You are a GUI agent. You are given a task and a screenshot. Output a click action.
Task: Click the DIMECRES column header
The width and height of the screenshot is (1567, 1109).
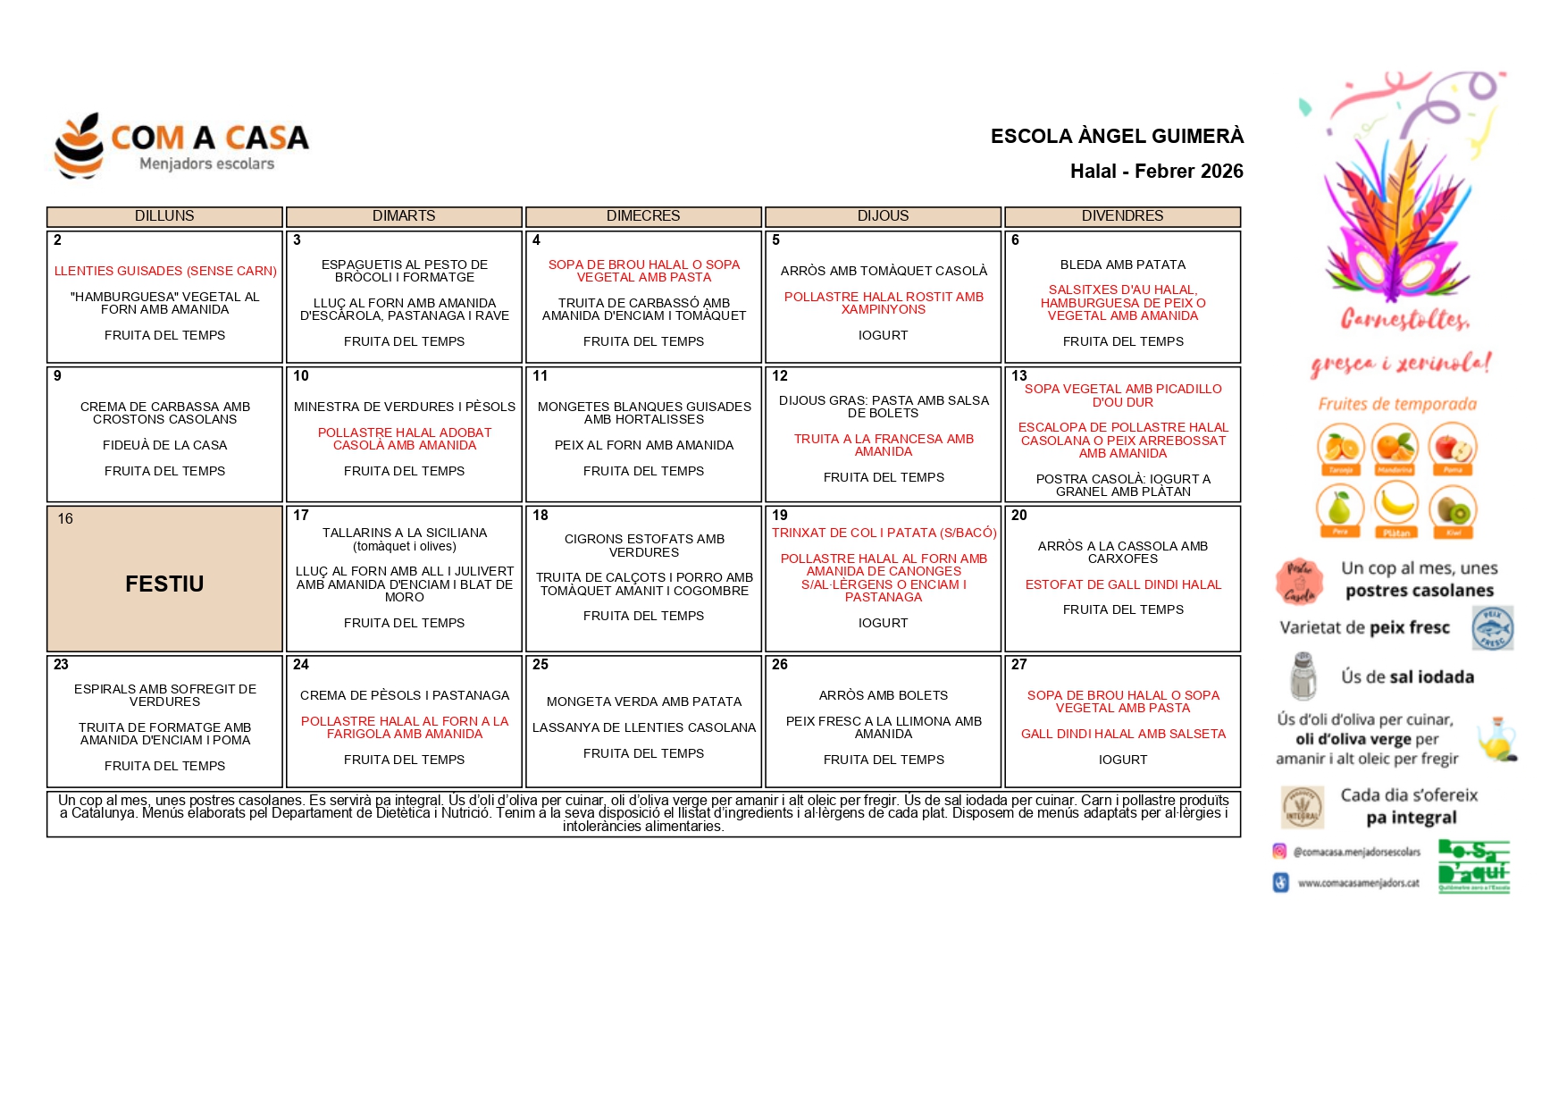(643, 216)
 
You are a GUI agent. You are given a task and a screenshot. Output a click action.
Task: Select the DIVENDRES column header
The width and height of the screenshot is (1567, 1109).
(1122, 216)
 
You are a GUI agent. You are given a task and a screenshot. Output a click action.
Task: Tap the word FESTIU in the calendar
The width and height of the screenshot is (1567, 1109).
(164, 584)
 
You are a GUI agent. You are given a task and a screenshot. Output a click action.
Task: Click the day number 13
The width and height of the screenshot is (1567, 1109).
(1019, 376)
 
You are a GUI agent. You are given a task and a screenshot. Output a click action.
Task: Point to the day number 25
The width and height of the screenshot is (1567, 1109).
(540, 665)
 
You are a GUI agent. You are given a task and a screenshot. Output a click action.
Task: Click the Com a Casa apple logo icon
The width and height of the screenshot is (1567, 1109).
(79, 146)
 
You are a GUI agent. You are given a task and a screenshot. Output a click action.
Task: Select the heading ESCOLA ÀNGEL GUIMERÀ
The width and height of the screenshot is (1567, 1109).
(1117, 136)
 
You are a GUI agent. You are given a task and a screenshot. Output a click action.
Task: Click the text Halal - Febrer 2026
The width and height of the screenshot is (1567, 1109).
(1156, 171)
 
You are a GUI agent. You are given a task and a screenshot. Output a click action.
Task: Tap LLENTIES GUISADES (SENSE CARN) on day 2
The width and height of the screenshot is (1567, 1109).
(165, 271)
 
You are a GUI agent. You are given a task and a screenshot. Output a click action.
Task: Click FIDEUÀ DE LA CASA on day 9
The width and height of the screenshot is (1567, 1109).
(165, 445)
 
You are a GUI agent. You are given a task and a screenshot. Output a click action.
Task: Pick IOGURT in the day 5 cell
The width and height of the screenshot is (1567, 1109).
(883, 335)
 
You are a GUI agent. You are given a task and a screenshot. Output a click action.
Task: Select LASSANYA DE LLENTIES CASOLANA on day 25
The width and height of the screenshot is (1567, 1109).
(644, 727)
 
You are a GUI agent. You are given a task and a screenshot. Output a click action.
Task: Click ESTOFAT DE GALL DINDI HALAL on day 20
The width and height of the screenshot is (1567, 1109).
(1123, 584)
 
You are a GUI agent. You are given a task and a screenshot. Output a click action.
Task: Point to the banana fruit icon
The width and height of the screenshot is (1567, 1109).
(1396, 506)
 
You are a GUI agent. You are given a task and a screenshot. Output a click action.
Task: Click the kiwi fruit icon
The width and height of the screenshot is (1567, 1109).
(1453, 509)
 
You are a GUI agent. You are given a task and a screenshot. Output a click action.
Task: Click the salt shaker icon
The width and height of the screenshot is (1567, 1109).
(1303, 676)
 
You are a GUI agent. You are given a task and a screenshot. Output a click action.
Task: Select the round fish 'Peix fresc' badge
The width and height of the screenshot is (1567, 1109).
(1492, 628)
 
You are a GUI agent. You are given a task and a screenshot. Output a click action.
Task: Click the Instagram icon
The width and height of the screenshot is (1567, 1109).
(1280, 852)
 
